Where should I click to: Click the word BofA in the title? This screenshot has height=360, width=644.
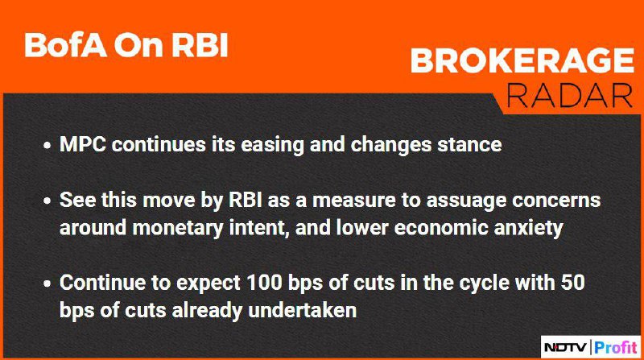click(65, 45)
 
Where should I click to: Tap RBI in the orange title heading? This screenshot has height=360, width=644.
click(200, 45)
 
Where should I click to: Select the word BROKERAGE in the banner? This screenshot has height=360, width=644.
click(522, 61)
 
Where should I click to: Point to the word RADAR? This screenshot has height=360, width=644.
click(570, 95)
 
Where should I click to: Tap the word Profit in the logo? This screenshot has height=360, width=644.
click(615, 347)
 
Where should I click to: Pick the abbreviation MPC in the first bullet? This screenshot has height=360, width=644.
click(83, 144)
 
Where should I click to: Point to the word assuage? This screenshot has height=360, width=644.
click(466, 201)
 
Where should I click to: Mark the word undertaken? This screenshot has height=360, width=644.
click(303, 310)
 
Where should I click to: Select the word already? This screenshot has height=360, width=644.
click(208, 311)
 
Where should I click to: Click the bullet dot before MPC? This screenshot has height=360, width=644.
click(48, 146)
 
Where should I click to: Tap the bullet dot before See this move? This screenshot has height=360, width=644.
click(48, 201)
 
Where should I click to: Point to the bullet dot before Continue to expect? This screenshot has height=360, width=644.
click(48, 283)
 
